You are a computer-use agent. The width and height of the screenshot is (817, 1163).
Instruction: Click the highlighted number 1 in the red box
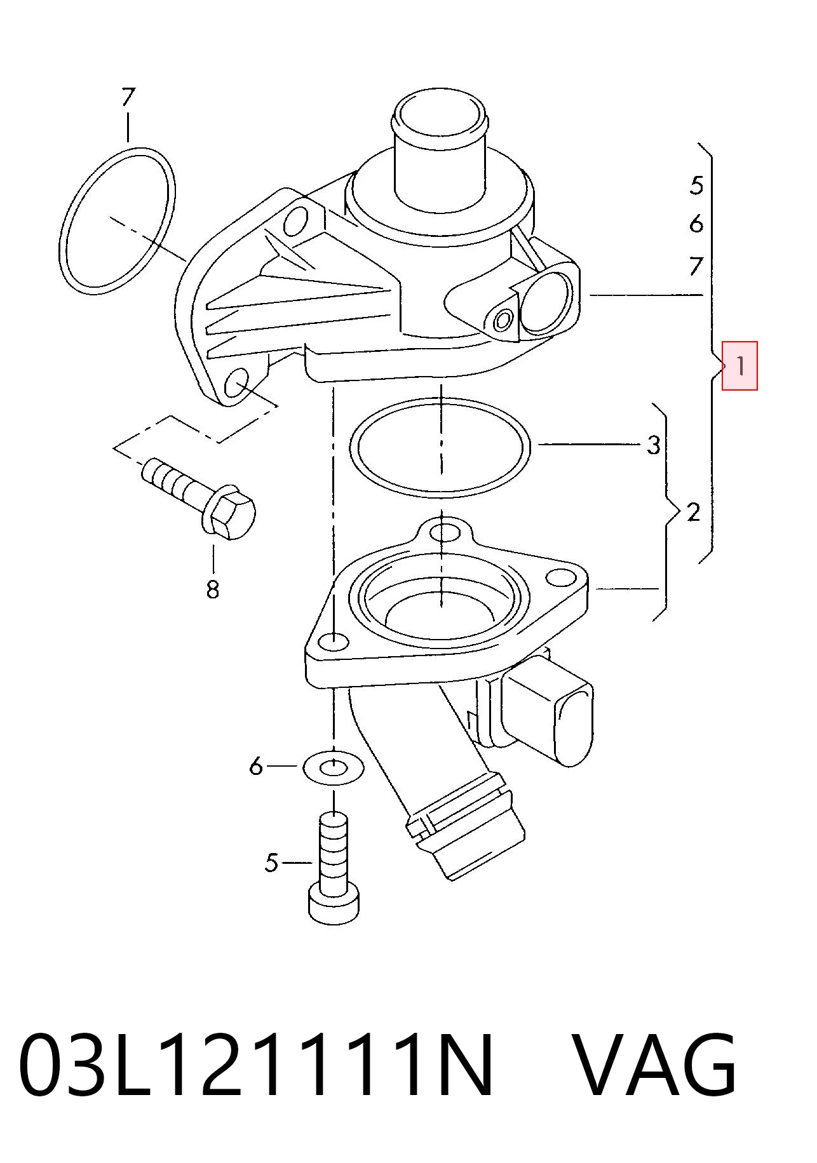point(740,366)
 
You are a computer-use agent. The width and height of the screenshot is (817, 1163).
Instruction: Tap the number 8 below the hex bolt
point(213,589)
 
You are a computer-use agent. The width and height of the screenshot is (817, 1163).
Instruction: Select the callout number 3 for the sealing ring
point(654,445)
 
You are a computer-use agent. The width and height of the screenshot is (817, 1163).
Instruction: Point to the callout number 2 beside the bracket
point(693,512)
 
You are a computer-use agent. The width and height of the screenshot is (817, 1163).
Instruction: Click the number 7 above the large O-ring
point(128,97)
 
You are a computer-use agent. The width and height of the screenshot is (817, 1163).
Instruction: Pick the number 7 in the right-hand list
point(697,266)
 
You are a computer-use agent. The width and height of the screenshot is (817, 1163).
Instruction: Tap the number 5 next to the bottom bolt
point(271,863)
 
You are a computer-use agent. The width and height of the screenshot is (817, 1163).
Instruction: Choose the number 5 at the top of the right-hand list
point(697,185)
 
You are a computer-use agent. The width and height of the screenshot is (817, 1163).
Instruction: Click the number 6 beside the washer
point(255,766)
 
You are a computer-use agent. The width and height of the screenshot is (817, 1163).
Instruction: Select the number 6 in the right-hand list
point(697,224)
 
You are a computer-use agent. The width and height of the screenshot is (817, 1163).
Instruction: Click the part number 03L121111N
point(256,1065)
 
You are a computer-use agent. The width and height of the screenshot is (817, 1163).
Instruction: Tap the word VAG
point(656,1065)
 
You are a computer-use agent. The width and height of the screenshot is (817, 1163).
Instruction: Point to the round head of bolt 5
point(334,904)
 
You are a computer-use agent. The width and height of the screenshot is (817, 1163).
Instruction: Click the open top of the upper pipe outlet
point(440,116)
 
